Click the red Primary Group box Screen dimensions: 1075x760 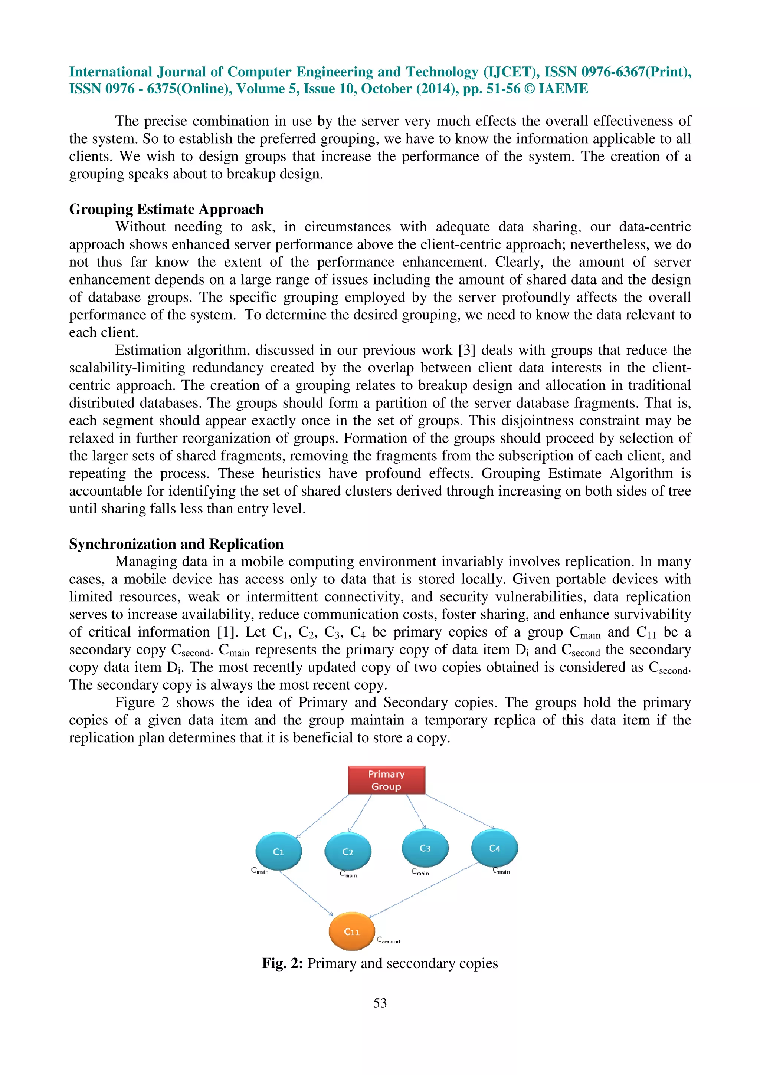(386, 780)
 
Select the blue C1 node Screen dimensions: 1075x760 (279, 852)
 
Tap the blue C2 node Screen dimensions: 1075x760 (348, 852)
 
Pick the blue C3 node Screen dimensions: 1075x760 (425, 848)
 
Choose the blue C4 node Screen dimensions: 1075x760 (495, 848)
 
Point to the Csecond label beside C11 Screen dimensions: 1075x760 (388, 940)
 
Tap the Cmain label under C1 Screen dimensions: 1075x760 (260, 871)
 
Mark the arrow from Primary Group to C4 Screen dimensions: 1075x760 (459, 811)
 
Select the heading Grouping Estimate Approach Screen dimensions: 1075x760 (166, 209)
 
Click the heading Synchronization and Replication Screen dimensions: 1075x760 (176, 544)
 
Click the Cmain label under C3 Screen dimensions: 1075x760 (420, 872)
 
